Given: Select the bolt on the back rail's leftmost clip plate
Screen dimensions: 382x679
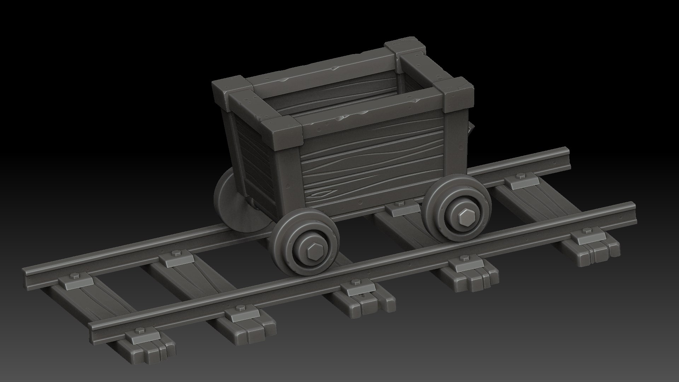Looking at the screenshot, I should pyautogui.click(x=75, y=276).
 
